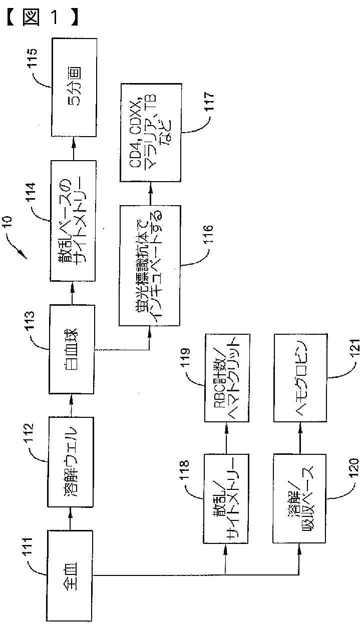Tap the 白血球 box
tap(72, 349)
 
